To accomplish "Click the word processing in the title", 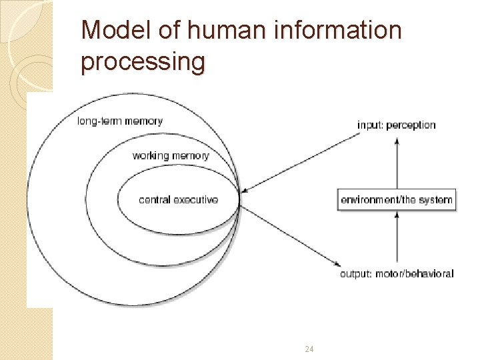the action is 143,61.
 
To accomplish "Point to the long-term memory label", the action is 120,121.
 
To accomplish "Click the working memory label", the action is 171,155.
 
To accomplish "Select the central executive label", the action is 178,199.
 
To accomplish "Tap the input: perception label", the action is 397,125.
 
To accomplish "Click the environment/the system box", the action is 397,199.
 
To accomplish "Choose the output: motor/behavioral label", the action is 397,273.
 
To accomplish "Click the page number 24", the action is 309,349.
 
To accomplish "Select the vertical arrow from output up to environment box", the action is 397,237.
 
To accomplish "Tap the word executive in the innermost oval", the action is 196,199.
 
